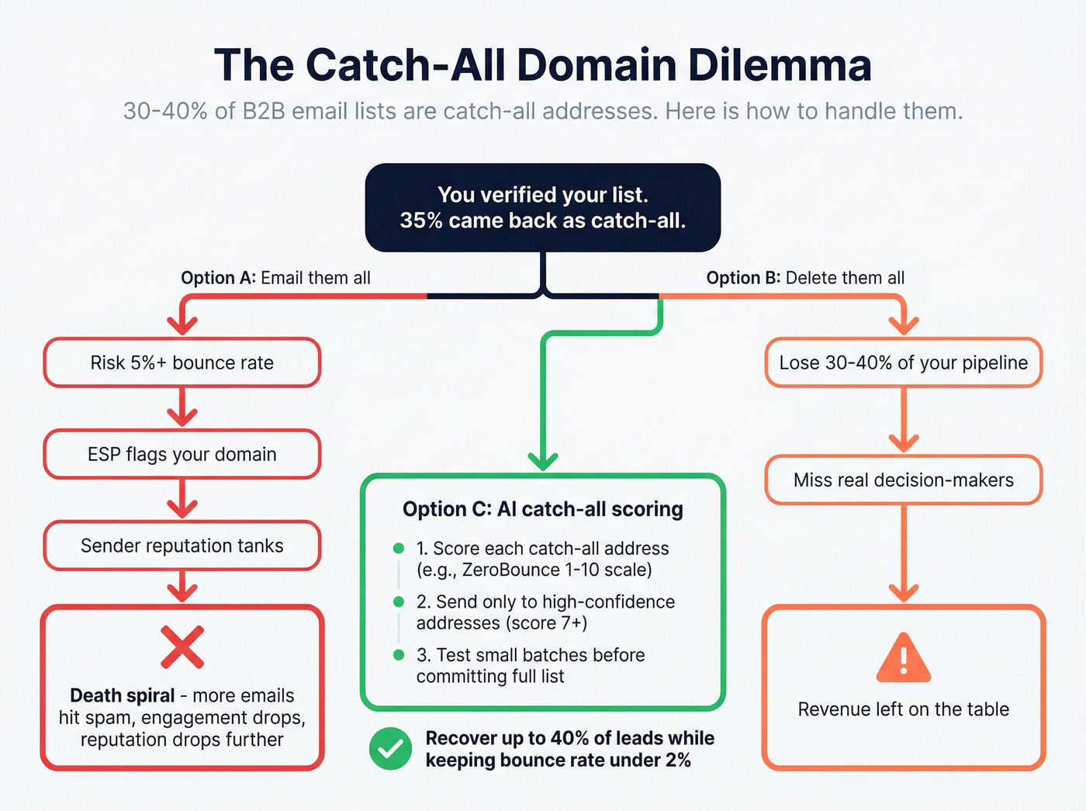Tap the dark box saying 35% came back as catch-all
pos(543,207)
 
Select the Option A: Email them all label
pos(275,278)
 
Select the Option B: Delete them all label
pos(805,278)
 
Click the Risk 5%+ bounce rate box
pos(182,362)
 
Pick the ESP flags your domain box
pos(182,454)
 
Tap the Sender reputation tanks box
pos(182,546)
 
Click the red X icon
pos(182,647)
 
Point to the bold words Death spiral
pos(122,695)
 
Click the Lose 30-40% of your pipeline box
pos(903,362)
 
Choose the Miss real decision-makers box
pos(903,480)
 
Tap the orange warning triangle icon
pos(903,658)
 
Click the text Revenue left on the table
pos(903,709)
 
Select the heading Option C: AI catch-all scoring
pos(543,509)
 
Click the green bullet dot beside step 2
pos(399,601)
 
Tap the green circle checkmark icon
pos(390,748)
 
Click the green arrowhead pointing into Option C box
pos(543,461)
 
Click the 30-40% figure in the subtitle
pos(165,111)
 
